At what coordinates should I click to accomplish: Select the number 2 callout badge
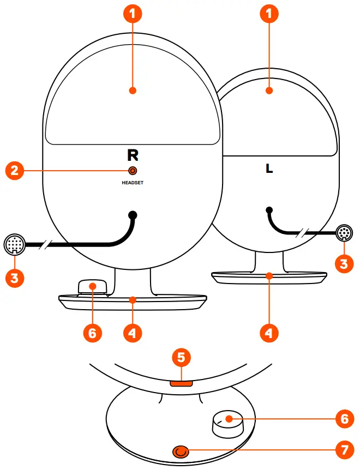(15, 171)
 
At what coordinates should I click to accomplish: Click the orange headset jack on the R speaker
(133, 171)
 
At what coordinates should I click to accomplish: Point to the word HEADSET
(133, 183)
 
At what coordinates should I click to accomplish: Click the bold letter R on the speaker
(133, 155)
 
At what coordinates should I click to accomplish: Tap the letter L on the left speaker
(269, 169)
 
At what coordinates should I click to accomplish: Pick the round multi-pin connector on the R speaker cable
(14, 244)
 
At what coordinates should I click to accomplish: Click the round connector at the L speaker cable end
(344, 233)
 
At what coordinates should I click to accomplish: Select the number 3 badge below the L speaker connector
(344, 264)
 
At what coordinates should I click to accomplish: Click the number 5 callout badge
(182, 358)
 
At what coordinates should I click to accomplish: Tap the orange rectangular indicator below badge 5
(181, 383)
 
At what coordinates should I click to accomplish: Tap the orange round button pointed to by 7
(181, 451)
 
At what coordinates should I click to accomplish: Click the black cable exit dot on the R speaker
(133, 214)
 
